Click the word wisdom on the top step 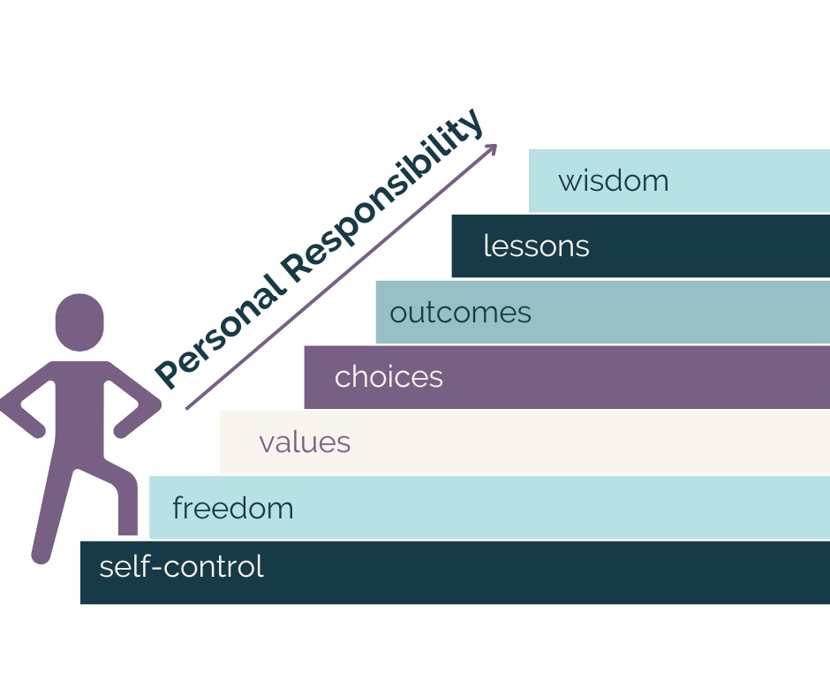click(x=613, y=181)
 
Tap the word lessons click(x=536, y=246)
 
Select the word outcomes click(x=460, y=313)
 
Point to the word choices click(x=389, y=376)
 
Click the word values click(x=305, y=442)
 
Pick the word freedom click(x=233, y=508)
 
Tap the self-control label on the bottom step click(x=181, y=566)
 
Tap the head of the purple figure click(x=79, y=322)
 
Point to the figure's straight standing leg click(x=51, y=509)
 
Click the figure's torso click(x=79, y=408)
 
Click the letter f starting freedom click(x=177, y=508)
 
